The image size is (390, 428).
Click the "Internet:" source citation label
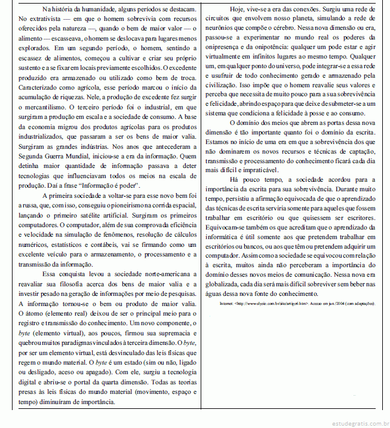coord(227,303)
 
